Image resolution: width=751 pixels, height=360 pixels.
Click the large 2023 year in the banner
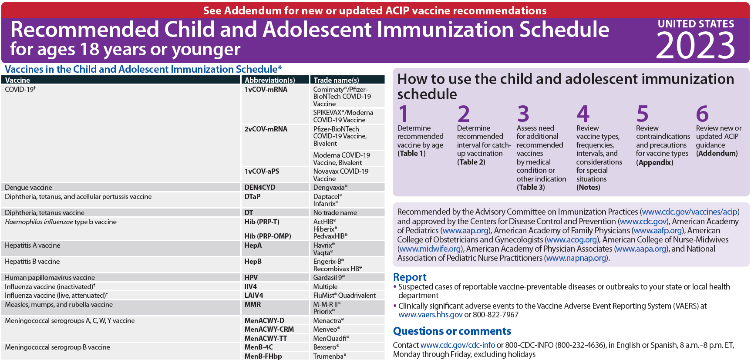tap(695, 46)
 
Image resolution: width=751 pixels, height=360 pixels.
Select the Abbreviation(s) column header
tap(270, 80)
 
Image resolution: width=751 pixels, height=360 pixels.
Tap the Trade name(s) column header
tap(337, 80)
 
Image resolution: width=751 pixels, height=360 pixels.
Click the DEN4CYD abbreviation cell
tap(260, 188)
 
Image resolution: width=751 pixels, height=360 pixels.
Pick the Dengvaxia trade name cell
tap(330, 188)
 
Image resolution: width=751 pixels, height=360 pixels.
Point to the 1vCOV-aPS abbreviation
tap(262, 172)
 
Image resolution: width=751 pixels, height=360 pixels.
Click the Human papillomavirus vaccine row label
tap(50, 278)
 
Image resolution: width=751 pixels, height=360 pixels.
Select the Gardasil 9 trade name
tap(329, 278)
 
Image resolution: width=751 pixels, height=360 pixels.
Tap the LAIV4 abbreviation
tap(254, 296)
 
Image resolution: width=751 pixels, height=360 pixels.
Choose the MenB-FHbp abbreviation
tap(263, 357)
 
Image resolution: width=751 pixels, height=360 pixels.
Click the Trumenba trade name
tap(330, 357)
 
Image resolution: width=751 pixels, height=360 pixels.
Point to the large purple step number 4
tap(583, 114)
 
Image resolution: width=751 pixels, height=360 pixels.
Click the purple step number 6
tap(702, 114)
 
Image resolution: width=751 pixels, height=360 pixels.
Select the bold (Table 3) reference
tap(531, 188)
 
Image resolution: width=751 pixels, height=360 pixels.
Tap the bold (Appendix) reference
tap(654, 162)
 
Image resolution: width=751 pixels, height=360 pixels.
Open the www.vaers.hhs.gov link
tap(430, 315)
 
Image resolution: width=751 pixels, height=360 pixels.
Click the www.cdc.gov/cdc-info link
tap(458, 345)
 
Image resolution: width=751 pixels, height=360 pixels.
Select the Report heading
tap(410, 277)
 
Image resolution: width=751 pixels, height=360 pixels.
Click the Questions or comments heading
tap(452, 331)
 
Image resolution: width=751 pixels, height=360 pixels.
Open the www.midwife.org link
tap(430, 249)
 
